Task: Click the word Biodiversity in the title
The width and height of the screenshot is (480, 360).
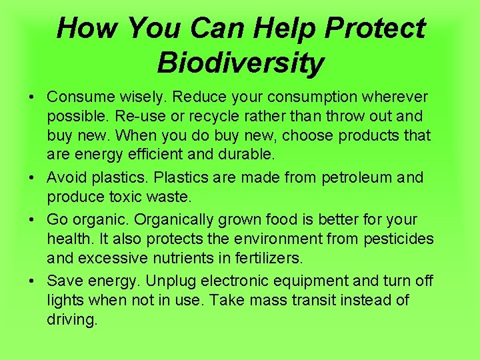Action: (x=241, y=63)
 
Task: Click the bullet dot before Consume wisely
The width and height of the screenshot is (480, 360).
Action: (x=33, y=98)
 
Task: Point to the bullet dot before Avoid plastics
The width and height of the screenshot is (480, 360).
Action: (x=33, y=179)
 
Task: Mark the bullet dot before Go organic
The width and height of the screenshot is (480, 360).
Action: (x=33, y=220)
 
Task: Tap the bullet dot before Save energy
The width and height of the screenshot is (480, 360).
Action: (x=33, y=281)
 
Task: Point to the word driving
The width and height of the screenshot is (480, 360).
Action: (x=71, y=320)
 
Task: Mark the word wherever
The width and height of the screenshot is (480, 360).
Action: (x=395, y=97)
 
